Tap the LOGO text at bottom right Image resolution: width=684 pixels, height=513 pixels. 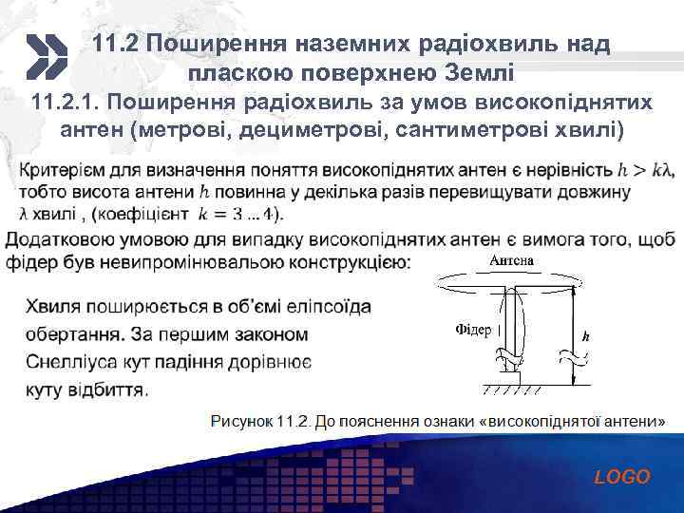622,477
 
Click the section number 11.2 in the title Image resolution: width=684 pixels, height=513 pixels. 118,45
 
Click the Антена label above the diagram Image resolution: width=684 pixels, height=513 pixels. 511,260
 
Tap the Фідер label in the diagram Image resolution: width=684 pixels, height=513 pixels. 474,331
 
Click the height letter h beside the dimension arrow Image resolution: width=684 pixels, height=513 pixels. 586,335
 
